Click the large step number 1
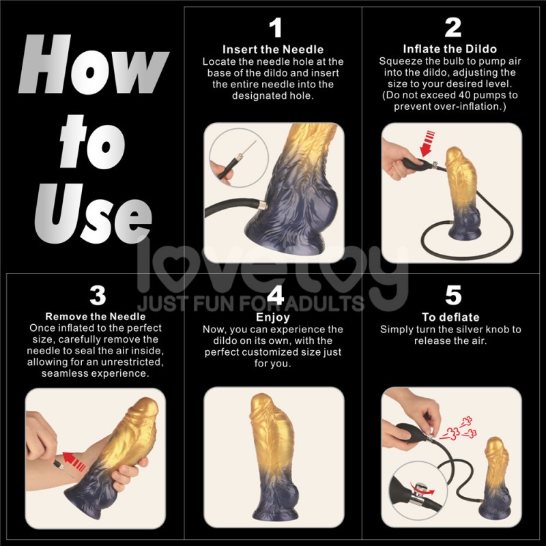276,27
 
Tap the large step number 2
453,27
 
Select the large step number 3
98,296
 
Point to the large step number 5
453,296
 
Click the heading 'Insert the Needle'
273,49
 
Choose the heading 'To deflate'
450,317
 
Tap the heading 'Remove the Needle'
96,317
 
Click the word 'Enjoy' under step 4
273,317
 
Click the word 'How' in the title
94,64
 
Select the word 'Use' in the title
94,213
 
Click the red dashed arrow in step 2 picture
427,143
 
